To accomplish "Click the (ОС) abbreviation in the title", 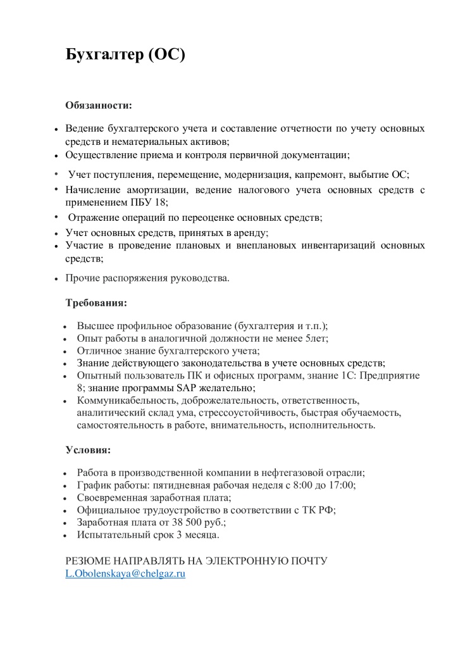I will (x=166, y=55).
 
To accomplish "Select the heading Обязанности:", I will (x=99, y=105).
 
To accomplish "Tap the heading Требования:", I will (x=97, y=302).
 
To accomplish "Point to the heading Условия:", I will (x=89, y=451).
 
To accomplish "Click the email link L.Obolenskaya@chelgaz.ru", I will (x=125, y=573).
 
